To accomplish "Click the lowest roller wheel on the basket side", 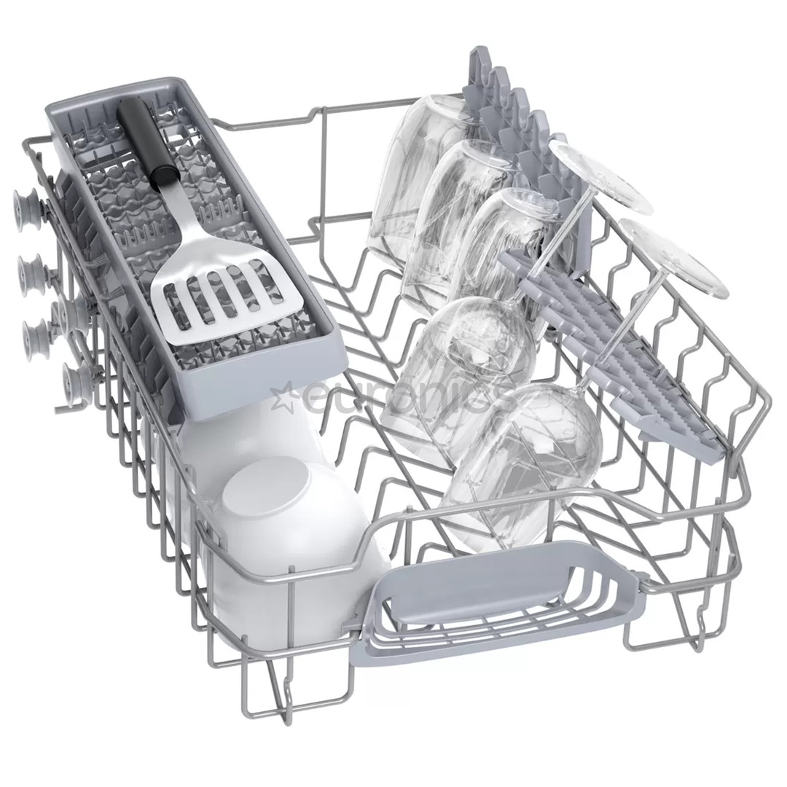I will click(77, 379).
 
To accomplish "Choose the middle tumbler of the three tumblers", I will click(455, 219).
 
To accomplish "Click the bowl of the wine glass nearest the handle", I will click(525, 459).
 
